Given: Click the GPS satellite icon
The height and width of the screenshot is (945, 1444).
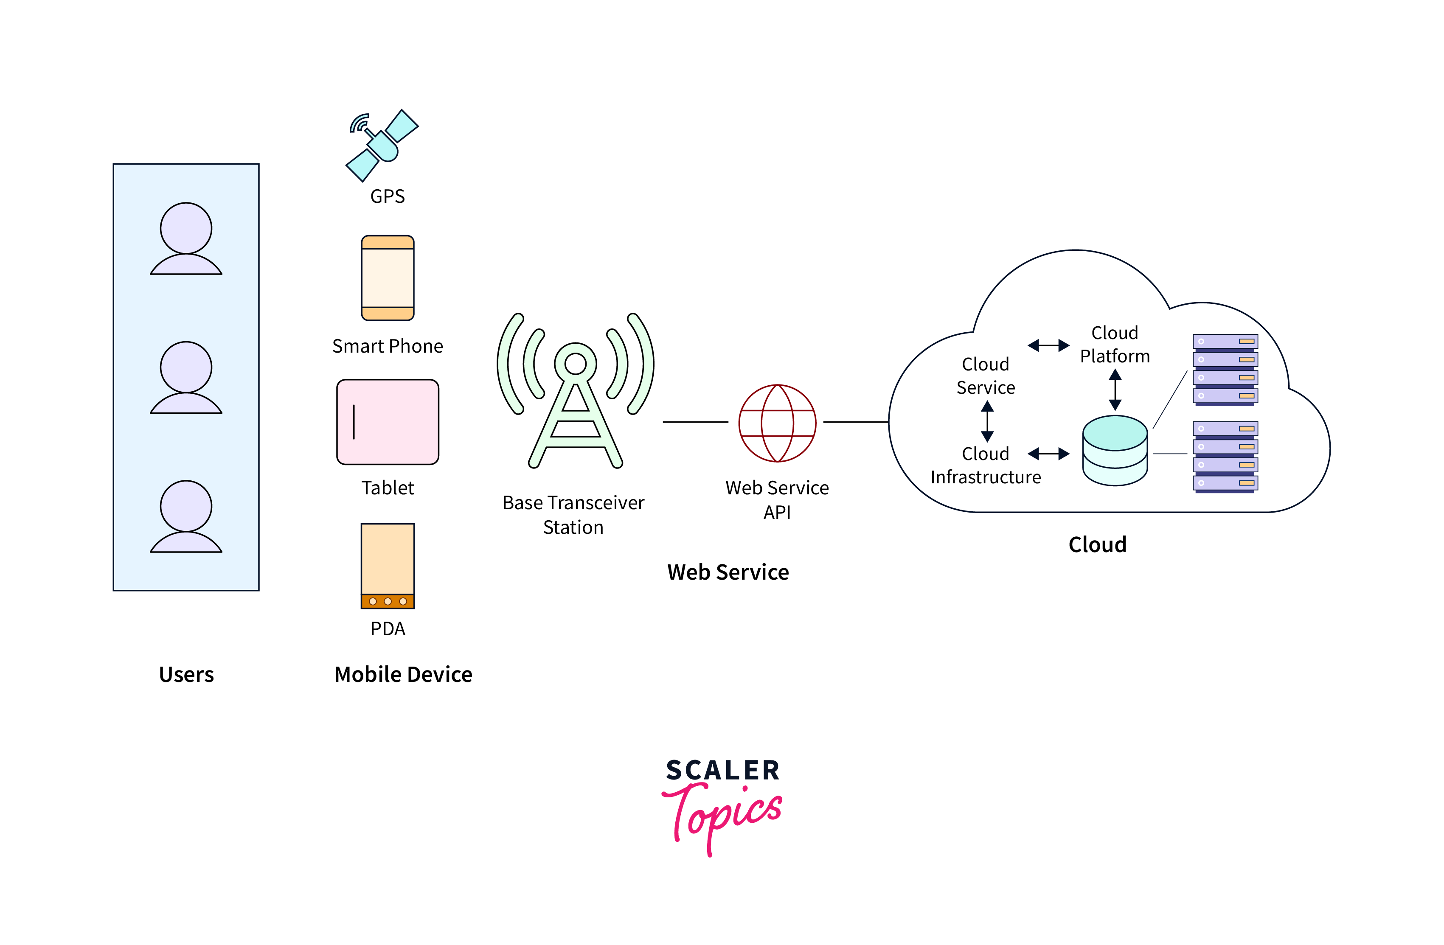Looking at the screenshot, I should tap(382, 146).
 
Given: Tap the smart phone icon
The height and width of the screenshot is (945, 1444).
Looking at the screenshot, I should tap(388, 278).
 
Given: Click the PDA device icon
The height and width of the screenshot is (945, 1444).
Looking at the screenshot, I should tap(388, 565).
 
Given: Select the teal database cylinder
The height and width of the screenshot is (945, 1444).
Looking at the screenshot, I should tap(1115, 450).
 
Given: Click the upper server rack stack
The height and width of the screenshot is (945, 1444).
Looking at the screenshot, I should tap(1225, 369).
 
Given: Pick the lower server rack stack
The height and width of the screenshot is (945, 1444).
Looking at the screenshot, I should tap(1225, 457).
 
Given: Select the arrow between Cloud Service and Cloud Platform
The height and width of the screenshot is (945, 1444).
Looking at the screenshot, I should tap(1048, 346).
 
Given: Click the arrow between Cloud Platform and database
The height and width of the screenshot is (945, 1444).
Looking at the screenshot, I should tap(1115, 390).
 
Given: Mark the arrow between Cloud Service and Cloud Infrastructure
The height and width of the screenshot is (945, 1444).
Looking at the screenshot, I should tap(987, 421).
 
